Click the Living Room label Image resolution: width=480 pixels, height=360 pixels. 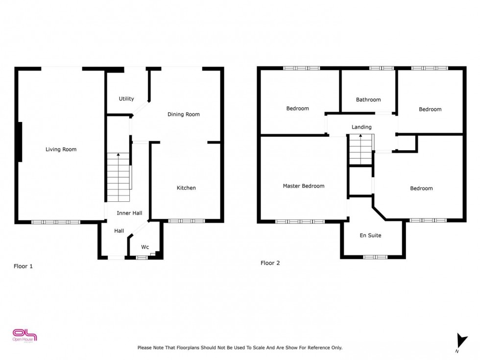61,149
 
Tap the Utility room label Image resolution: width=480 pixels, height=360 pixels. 126,99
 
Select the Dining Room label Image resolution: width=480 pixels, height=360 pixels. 184,115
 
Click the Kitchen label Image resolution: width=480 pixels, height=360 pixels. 186,188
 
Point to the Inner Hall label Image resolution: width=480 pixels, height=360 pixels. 129,213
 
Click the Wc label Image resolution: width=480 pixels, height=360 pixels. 145,247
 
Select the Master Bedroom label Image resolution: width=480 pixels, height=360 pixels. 304,186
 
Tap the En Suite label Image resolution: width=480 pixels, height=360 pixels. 370,236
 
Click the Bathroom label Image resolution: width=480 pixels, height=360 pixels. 368,100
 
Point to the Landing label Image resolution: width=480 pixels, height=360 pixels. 361,127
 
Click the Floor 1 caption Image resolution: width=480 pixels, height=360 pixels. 23,266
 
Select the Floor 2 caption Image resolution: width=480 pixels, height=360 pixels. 270,263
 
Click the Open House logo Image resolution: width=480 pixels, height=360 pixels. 25,336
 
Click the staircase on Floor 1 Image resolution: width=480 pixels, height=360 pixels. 119,177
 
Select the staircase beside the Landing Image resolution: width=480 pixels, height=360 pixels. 361,149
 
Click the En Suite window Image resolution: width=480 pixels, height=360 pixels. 375,257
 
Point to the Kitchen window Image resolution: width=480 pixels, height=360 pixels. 186,221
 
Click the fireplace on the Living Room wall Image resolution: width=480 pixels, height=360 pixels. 20,142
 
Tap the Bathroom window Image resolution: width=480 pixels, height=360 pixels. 382,68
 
